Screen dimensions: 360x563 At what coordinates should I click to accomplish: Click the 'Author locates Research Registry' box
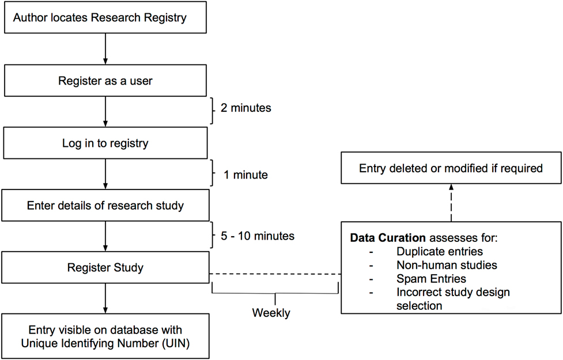105,18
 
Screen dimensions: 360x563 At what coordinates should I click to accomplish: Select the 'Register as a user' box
105,81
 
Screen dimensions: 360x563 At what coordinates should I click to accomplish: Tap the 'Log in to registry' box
105,143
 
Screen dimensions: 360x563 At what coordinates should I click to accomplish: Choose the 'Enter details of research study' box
105,206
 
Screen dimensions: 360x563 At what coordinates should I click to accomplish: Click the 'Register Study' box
105,268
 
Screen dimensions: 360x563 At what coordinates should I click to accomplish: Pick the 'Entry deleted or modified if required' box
451,169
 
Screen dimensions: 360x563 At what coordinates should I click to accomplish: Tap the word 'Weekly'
271,313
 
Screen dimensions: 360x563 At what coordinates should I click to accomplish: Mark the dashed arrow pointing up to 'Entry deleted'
451,202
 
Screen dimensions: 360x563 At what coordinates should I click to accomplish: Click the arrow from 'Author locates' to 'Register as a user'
105,49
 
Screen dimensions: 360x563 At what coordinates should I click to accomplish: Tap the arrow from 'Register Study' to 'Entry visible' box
105,298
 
